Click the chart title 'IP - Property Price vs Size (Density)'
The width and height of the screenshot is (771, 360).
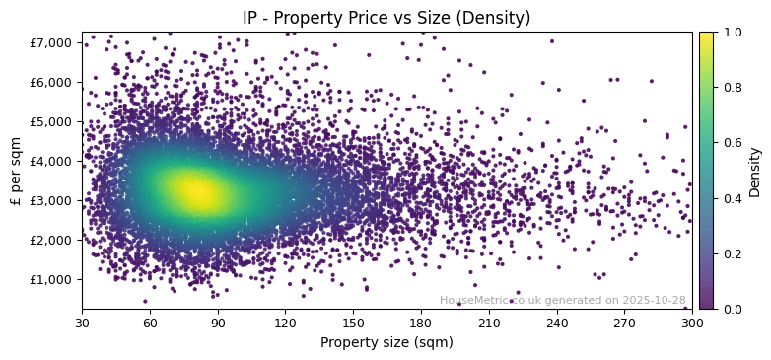386,18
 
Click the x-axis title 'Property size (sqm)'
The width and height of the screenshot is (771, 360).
386,343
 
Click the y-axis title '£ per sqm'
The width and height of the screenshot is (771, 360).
16,171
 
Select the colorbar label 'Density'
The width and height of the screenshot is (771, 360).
754,171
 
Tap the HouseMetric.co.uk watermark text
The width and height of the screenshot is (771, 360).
562,300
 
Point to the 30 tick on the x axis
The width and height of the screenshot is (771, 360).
82,323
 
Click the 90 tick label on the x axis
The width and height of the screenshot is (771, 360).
218,323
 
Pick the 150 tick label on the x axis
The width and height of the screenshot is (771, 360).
353,323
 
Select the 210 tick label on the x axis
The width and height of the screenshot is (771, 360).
489,323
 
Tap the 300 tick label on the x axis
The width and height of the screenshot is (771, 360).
692,323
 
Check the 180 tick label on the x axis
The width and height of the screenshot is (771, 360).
421,323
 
